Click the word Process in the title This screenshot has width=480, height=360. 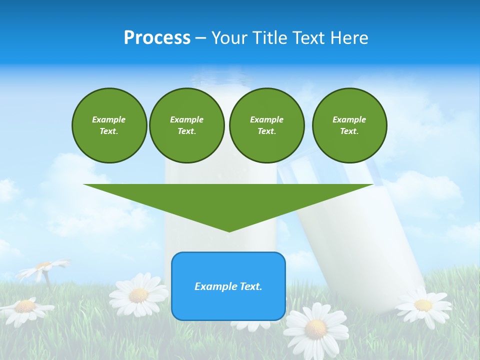click(157, 38)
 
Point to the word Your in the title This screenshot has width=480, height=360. click(230, 38)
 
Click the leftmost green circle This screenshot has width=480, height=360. click(109, 125)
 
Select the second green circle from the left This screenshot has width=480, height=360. click(186, 125)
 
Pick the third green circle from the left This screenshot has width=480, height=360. click(266, 125)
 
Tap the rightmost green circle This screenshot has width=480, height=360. click(349, 125)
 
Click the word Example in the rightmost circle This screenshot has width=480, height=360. click(349, 119)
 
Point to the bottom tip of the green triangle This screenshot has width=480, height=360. click(229, 231)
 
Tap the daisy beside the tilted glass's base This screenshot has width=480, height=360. click(422, 304)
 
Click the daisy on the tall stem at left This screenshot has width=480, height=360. click(44, 267)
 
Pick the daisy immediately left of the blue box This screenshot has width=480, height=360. click(138, 294)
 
